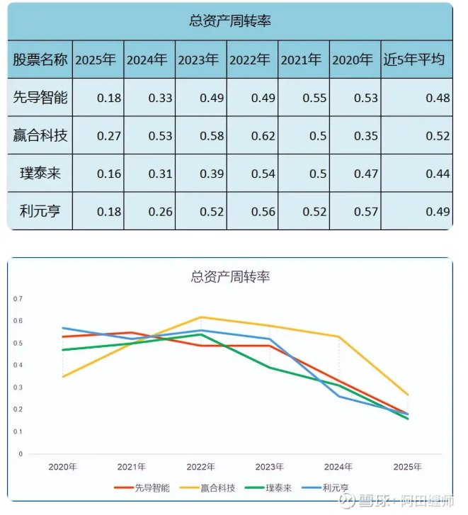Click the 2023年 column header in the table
(201, 60)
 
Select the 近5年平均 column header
(416, 60)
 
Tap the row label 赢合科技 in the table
(40, 135)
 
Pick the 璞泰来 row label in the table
(40, 174)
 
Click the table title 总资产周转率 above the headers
(230, 21)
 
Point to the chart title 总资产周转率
(230, 276)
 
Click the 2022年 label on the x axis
(201, 467)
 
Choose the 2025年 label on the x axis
(407, 467)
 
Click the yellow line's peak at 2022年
(201, 317)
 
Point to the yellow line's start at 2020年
(63, 376)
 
